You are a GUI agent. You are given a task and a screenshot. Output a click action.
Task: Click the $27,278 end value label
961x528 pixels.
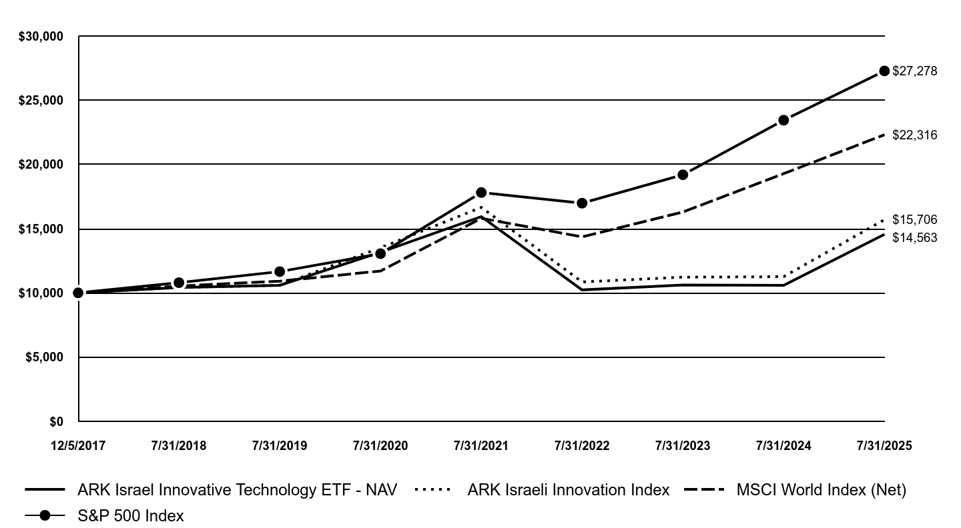(x=914, y=71)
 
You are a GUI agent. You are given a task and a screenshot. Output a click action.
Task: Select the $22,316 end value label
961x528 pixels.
(x=914, y=135)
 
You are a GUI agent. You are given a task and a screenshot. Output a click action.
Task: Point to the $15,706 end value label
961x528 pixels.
(x=914, y=220)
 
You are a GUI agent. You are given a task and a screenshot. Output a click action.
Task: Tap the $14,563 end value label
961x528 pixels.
(x=914, y=238)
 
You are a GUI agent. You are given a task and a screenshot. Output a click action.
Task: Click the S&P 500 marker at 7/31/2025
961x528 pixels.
(x=884, y=71)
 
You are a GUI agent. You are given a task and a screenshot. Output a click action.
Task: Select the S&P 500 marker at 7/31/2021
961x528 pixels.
(x=481, y=193)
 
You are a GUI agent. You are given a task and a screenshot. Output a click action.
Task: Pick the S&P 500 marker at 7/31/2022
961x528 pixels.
(x=582, y=203)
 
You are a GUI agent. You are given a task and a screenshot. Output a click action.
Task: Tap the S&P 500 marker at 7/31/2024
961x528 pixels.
(x=783, y=120)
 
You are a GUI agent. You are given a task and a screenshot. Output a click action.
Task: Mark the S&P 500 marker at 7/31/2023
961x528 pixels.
(x=683, y=175)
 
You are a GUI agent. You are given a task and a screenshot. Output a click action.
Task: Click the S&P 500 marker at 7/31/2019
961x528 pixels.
(x=280, y=271)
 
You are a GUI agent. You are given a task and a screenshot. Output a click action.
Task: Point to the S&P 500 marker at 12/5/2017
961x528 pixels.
(x=78, y=293)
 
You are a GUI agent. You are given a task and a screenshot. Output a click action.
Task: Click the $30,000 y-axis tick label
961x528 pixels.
(x=41, y=37)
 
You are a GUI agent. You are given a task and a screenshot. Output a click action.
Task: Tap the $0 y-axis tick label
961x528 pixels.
(x=56, y=421)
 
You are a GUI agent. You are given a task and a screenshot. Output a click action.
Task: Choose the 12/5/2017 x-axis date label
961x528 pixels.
(x=78, y=446)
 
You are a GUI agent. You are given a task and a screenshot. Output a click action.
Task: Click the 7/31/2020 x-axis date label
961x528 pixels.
(x=380, y=446)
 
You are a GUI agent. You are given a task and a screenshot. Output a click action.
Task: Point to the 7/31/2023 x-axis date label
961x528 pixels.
(x=683, y=446)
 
